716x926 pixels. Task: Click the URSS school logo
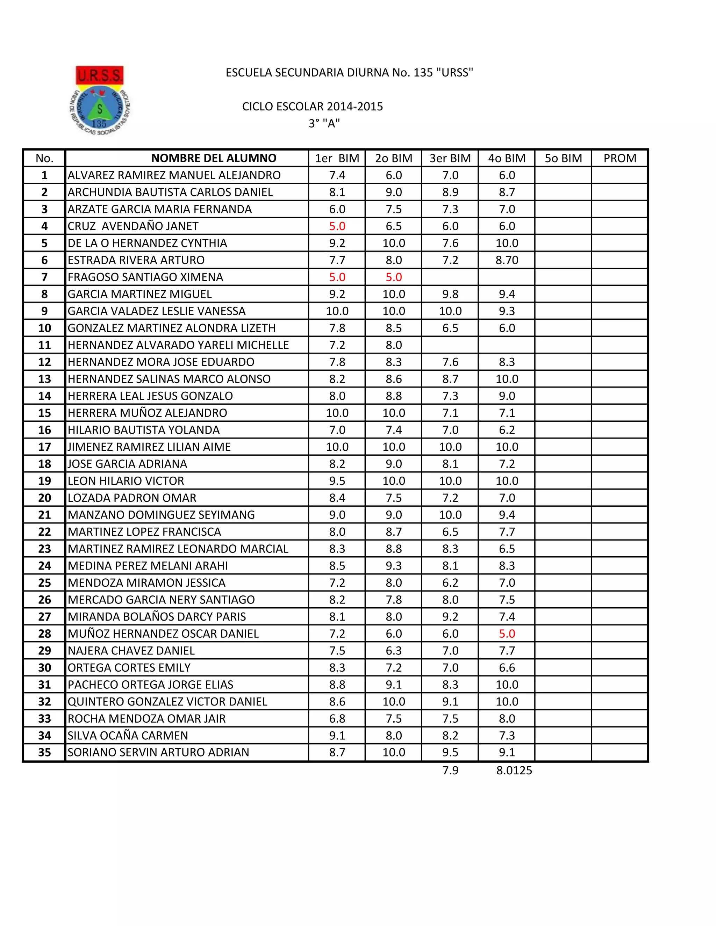100,101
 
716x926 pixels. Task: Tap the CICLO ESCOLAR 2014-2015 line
312,107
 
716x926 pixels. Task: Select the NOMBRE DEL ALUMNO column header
213,158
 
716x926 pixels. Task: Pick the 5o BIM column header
563,158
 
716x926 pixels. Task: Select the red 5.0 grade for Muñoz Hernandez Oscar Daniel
507,634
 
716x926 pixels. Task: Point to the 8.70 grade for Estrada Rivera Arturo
507,260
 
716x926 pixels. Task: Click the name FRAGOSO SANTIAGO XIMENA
145,277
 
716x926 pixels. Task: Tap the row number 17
44,447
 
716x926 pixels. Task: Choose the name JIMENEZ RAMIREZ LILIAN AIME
149,447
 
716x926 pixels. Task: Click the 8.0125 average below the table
514,771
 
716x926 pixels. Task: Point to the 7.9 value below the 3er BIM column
450,771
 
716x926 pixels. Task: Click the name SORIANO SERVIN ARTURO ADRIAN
158,752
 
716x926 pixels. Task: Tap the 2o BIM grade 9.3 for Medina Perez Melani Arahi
394,566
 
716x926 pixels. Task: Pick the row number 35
44,752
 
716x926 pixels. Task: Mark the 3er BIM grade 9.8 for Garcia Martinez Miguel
450,294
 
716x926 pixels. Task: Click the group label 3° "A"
324,123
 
